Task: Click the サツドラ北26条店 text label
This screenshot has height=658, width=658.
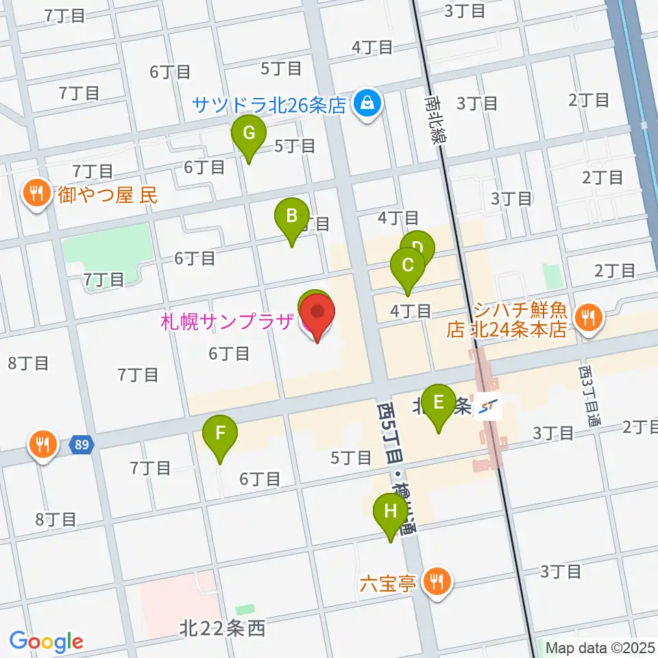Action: pos(269,106)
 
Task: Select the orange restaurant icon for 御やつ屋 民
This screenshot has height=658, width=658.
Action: pos(34,195)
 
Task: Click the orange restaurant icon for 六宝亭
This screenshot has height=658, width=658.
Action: pos(437,583)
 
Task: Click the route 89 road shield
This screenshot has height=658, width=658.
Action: pos(82,445)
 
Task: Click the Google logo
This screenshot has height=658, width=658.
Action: pos(46,642)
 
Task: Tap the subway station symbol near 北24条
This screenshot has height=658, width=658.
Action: pos(489,409)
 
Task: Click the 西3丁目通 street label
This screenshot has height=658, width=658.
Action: pos(588,398)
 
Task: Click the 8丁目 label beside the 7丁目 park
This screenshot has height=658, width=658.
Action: pos(27,363)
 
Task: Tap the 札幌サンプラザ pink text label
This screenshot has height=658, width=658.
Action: pos(227,320)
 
